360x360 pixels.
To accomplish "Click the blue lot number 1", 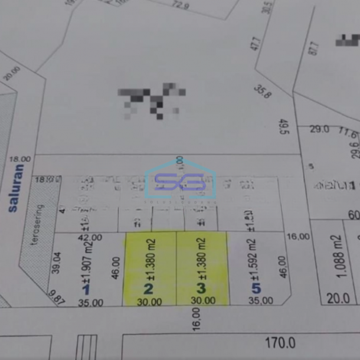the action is (x=86, y=289).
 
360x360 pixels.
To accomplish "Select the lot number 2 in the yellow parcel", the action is (x=149, y=289).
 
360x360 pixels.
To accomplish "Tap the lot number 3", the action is (x=201, y=289).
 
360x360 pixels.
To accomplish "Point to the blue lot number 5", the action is (x=256, y=289).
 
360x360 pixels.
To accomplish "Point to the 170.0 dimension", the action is (x=280, y=343).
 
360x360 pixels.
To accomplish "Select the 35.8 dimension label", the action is (x=263, y=91).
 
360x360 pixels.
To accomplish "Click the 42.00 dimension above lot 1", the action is (x=90, y=237).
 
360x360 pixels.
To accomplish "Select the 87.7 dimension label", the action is (x=313, y=48).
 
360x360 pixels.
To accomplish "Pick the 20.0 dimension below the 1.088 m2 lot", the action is (x=338, y=298).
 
